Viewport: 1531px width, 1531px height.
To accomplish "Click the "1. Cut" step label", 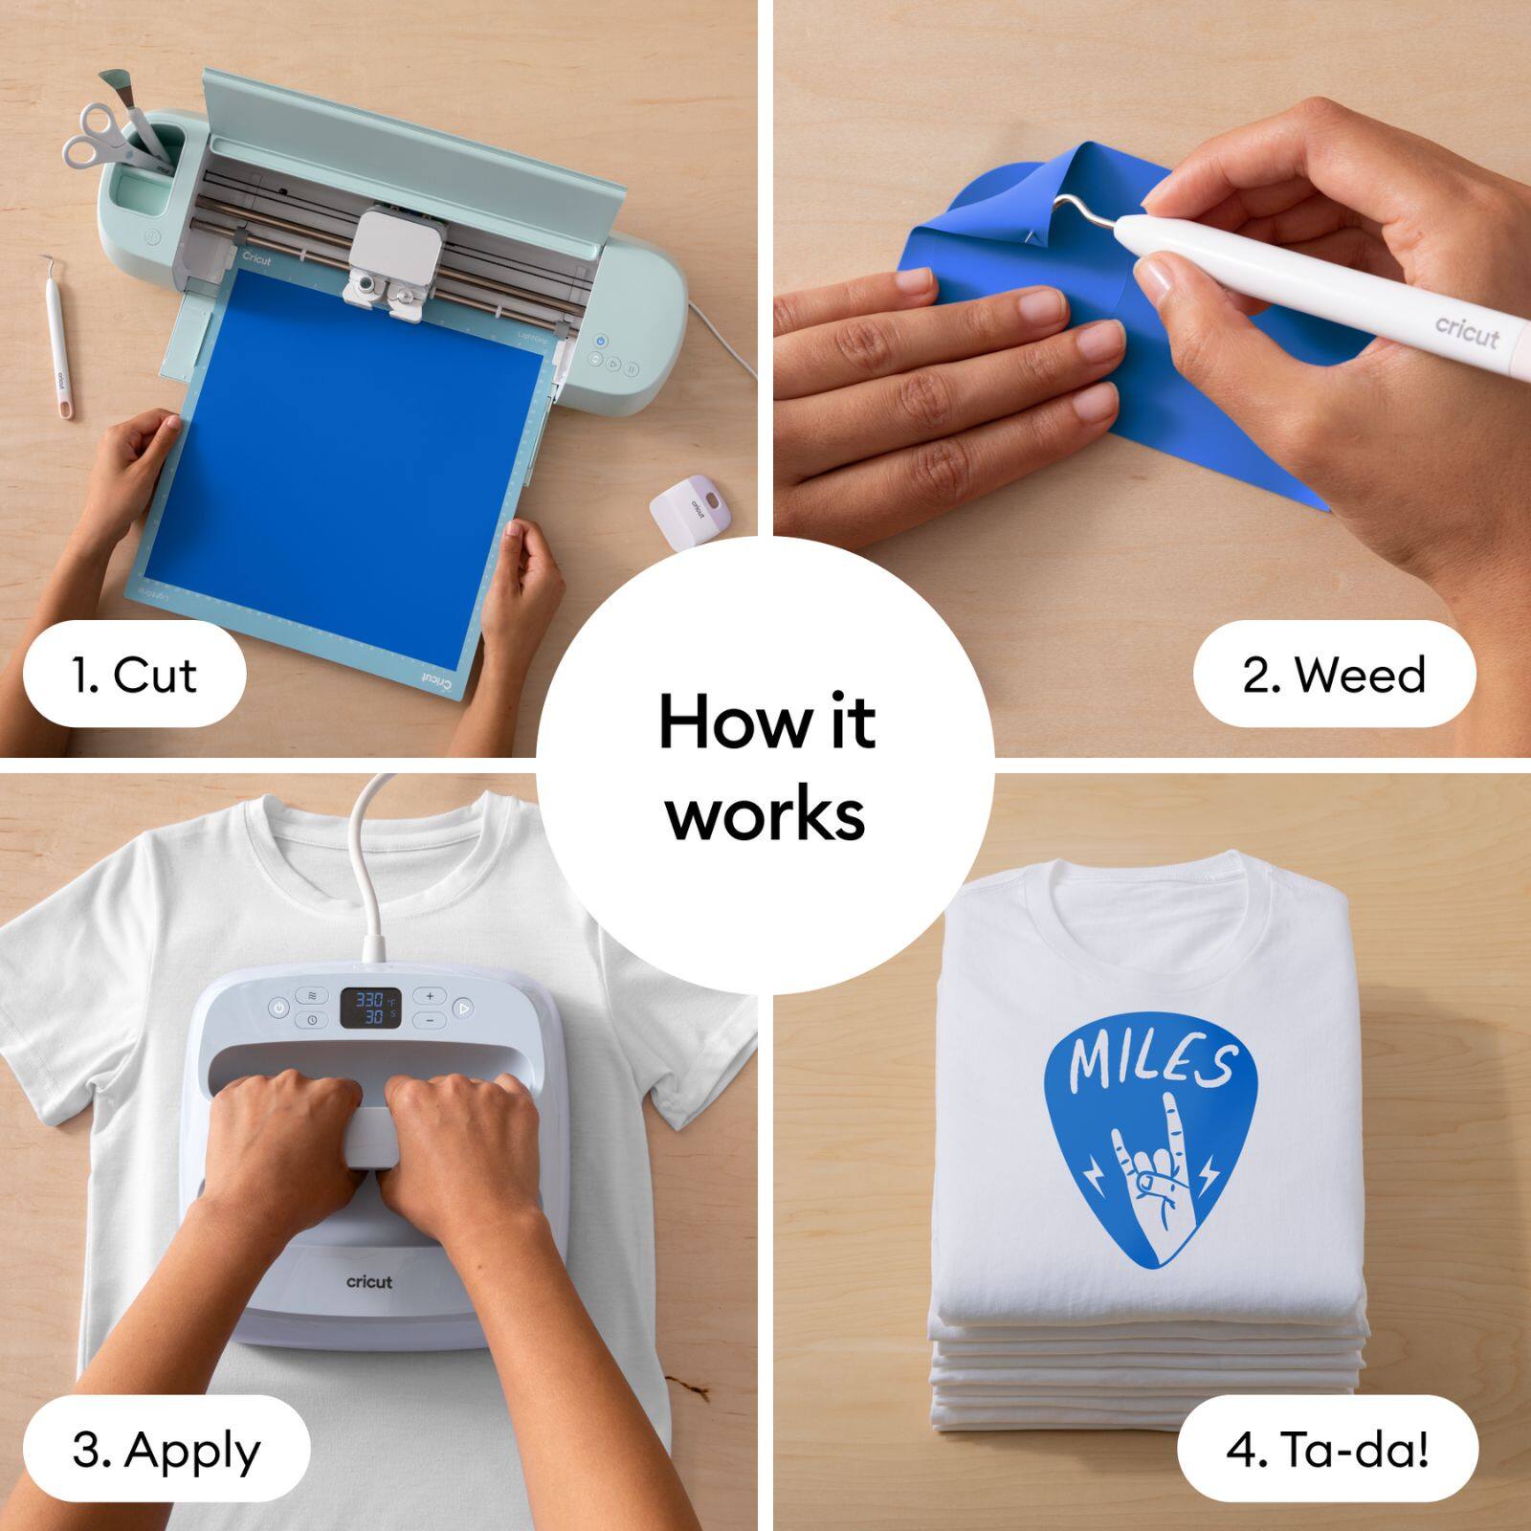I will point(134,675).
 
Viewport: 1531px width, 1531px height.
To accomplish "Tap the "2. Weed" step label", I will point(1334,675).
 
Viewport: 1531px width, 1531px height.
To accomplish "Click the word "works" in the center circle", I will point(765,814).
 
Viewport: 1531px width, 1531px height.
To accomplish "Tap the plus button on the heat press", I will point(430,996).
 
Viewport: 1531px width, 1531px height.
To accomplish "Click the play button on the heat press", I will point(463,1008).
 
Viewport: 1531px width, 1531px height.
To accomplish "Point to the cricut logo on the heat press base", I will point(369,1281).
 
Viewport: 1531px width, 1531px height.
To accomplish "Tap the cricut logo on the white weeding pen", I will point(1466,331).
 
